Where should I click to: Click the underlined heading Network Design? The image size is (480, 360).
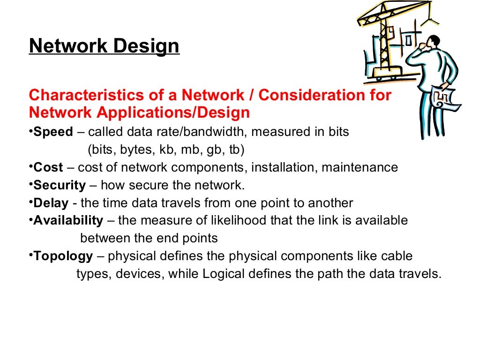104,46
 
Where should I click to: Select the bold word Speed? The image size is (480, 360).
53,132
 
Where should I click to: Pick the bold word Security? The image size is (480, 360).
60,185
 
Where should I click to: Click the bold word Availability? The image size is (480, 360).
68,220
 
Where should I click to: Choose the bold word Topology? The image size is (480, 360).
63,256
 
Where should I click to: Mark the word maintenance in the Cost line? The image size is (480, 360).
359,167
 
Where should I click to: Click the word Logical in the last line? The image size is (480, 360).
222,274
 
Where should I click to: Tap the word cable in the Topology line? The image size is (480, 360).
397,256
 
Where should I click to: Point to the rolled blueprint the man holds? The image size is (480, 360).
444,101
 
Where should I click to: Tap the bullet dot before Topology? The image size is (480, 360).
31,255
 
